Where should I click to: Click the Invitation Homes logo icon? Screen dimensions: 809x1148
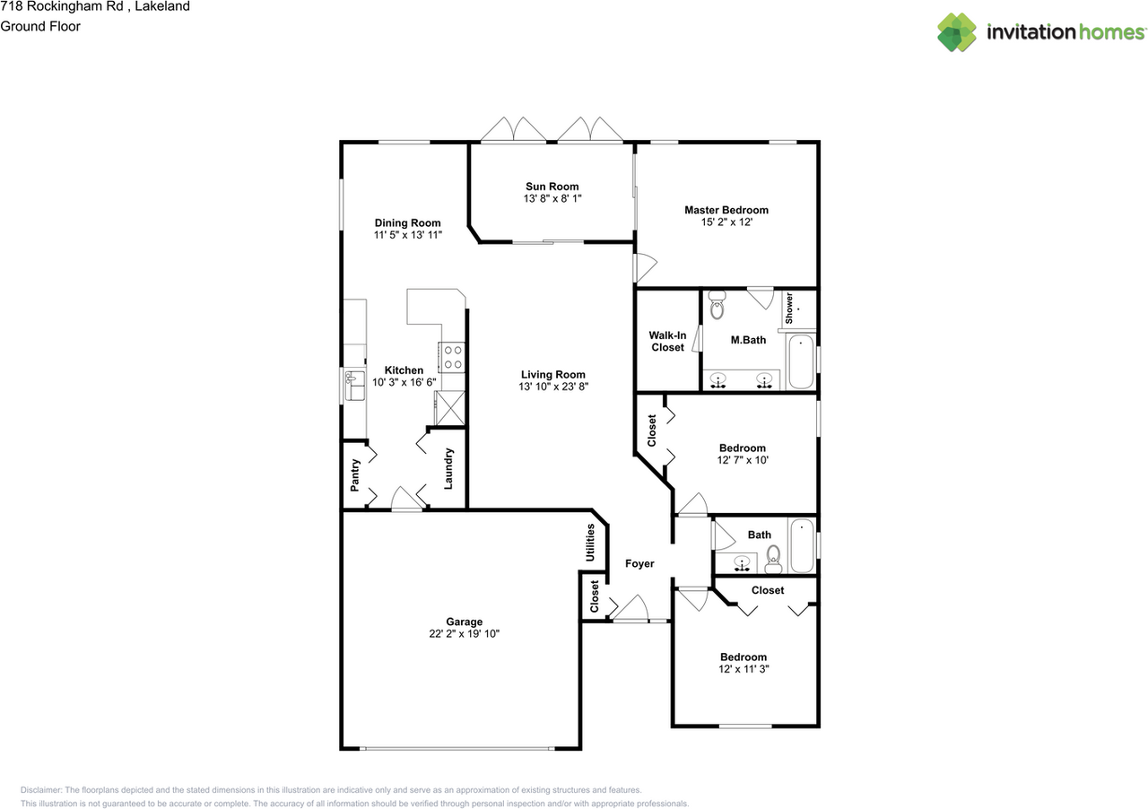click(x=957, y=32)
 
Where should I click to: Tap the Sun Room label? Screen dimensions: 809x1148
click(x=552, y=187)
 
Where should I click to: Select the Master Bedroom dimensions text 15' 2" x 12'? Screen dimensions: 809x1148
click(x=726, y=222)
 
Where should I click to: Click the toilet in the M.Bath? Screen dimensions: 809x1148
click(x=717, y=308)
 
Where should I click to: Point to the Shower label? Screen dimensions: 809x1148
click(x=789, y=308)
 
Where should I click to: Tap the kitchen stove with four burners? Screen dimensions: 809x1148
click(x=451, y=358)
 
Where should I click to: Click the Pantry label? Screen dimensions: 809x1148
click(x=355, y=475)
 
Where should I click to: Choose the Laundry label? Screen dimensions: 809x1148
click(x=448, y=468)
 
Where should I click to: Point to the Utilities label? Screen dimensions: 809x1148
click(x=589, y=543)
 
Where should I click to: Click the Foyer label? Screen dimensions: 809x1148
click(x=639, y=564)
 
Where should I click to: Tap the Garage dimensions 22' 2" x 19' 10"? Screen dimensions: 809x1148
click(x=465, y=634)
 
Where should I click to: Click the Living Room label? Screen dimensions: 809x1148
click(x=553, y=375)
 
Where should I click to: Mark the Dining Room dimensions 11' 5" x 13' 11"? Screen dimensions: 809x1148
click(x=408, y=235)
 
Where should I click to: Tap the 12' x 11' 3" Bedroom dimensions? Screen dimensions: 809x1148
click(x=743, y=669)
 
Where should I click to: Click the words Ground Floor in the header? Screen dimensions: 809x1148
click(x=40, y=26)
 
